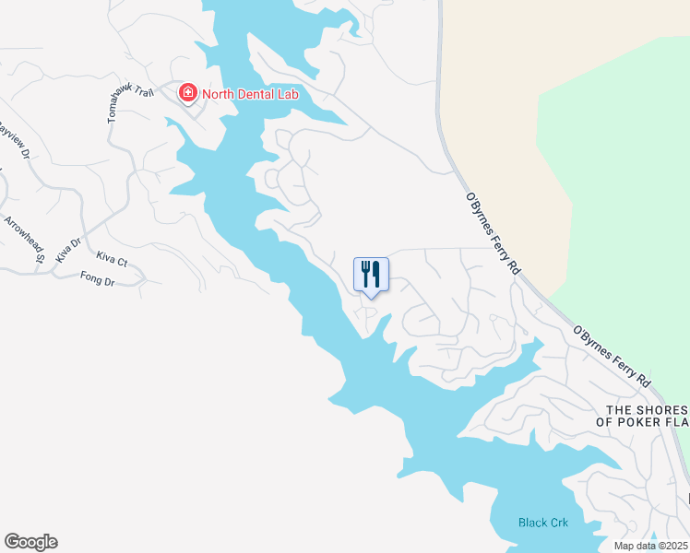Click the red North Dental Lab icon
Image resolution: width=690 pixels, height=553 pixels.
[x=187, y=92]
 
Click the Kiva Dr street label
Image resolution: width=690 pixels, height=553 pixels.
[x=69, y=251]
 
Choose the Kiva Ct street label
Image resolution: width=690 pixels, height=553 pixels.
[x=111, y=264]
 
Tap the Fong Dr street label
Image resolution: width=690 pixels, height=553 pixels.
[x=96, y=278]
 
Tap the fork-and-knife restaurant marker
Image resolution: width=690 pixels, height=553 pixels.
[x=371, y=274]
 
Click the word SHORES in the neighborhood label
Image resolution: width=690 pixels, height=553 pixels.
[x=663, y=409]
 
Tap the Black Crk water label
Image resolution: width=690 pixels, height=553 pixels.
[x=542, y=523]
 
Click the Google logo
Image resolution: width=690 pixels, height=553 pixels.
[x=30, y=542]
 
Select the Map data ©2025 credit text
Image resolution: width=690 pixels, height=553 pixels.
[x=651, y=546]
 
